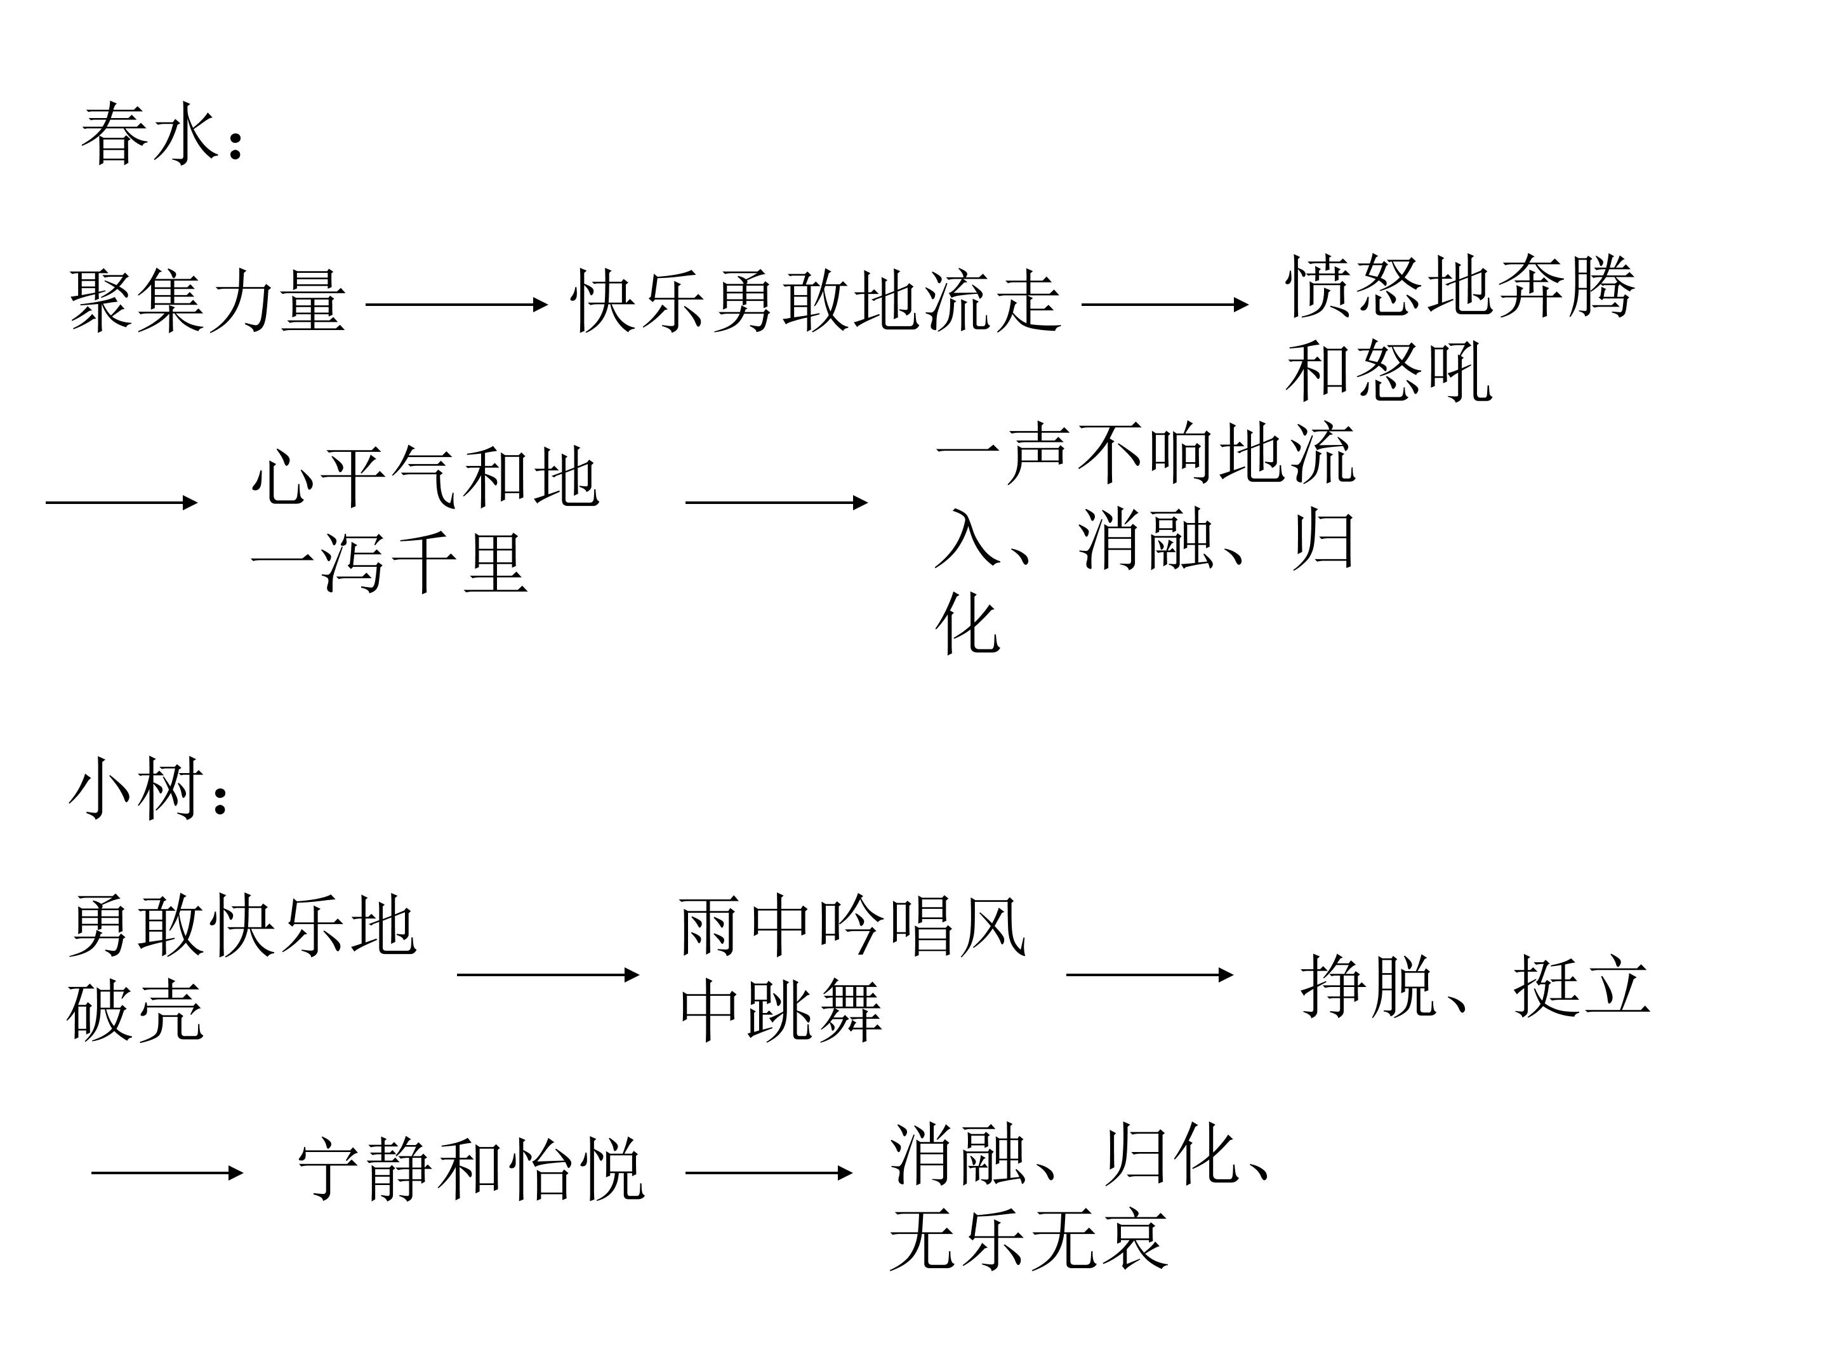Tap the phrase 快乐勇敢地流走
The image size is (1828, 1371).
click(x=816, y=301)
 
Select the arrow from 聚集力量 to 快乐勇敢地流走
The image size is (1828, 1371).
click(x=457, y=305)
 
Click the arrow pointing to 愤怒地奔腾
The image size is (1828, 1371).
click(x=1165, y=305)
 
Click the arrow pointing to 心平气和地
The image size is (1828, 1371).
click(x=121, y=503)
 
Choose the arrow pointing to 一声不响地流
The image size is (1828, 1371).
click(x=777, y=503)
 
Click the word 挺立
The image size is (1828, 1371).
click(x=1582, y=985)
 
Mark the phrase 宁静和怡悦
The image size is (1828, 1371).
click(x=471, y=1170)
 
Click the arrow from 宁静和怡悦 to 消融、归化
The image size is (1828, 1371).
click(x=769, y=1173)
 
